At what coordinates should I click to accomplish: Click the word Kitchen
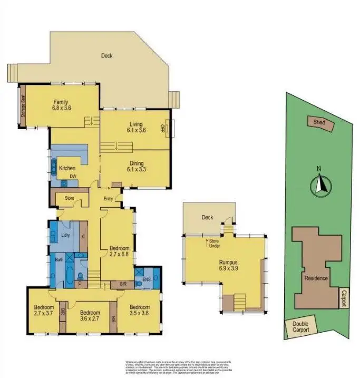[x=67, y=168]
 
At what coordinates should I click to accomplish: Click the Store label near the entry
[x=70, y=199]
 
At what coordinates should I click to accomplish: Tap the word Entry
[x=109, y=199]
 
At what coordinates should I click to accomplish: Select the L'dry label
[x=66, y=235]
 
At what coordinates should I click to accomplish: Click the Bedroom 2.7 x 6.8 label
[x=120, y=251]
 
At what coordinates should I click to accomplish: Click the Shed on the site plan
[x=319, y=123]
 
